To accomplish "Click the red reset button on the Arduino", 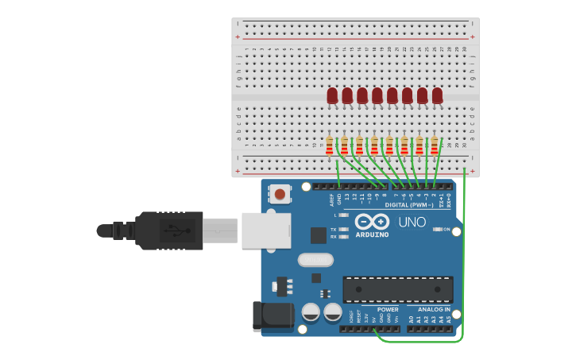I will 280,193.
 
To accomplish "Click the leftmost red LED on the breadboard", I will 332,95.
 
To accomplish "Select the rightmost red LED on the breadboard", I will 437,95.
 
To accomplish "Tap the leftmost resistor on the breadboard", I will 329,145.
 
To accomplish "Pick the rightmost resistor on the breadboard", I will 434,145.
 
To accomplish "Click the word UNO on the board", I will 412,223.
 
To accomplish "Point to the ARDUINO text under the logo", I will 372,235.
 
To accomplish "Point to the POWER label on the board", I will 388,310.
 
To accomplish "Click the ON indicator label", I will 446,230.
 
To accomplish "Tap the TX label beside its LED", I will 334,230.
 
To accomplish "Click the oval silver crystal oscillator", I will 315,260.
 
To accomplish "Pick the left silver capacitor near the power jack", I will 311,312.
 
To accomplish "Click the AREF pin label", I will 332,200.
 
